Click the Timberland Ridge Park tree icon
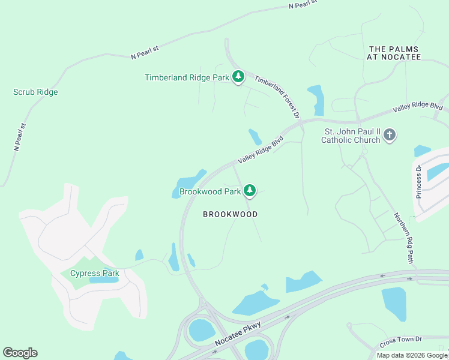238,77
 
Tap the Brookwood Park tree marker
249,191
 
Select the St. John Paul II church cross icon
389,134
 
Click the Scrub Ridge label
35,92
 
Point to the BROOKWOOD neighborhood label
230,214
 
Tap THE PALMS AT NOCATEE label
394,53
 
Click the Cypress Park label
94,274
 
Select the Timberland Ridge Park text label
187,77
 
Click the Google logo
20,353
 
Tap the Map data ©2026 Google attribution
411,355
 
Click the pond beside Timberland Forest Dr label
316,99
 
